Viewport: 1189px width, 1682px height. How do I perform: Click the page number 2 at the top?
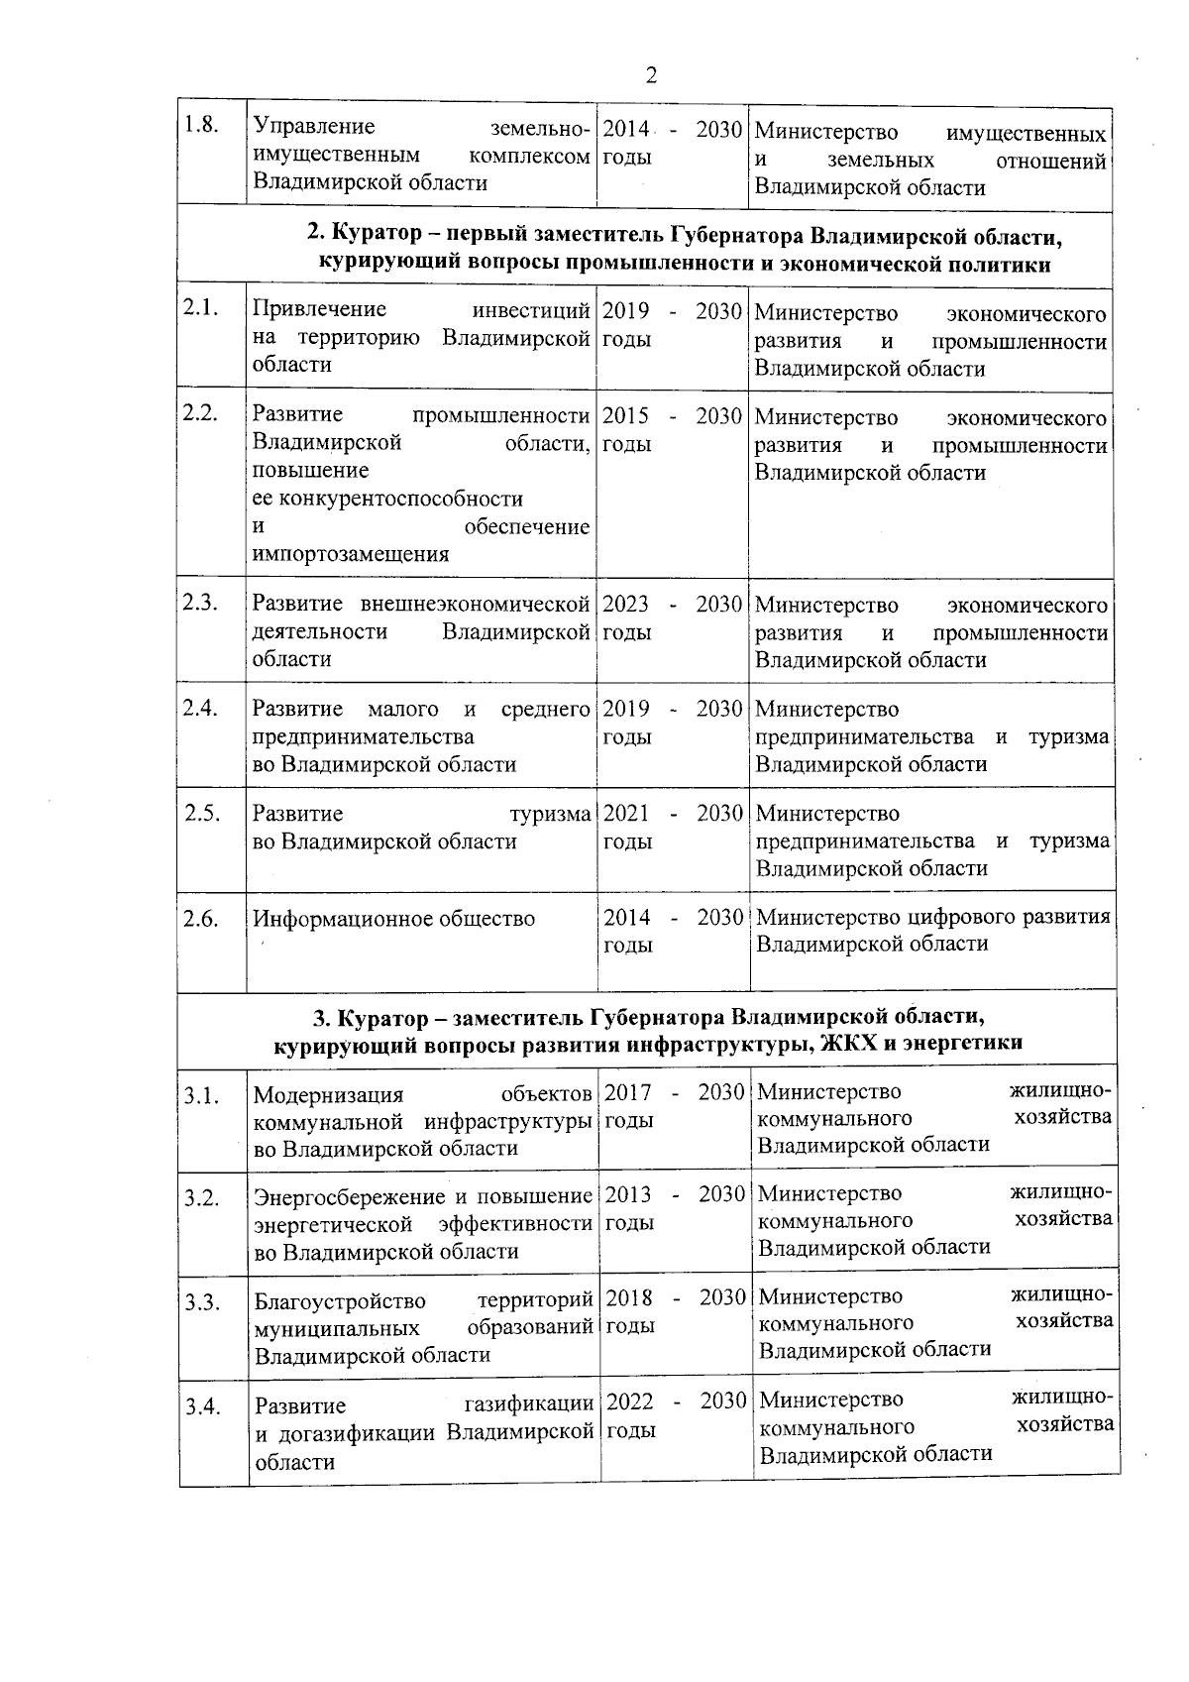coord(651,76)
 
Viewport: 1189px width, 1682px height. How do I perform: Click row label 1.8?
coord(201,127)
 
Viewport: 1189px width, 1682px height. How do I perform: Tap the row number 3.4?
coord(201,1405)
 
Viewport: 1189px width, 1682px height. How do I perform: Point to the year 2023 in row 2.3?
coord(626,604)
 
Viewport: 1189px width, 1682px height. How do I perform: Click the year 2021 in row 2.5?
coord(626,814)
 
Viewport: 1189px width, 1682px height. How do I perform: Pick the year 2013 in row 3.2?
coord(627,1194)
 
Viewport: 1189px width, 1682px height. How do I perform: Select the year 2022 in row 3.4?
coord(629,1402)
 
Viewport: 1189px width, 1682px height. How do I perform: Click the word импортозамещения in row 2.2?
coord(351,554)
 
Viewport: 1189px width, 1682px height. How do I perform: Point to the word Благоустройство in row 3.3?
coord(340,1300)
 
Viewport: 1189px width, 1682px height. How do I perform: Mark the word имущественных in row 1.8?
coord(1026,133)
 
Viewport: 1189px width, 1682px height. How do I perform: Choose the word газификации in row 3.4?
coord(528,1404)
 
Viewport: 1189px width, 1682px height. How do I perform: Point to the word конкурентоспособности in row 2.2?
coord(387,499)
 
